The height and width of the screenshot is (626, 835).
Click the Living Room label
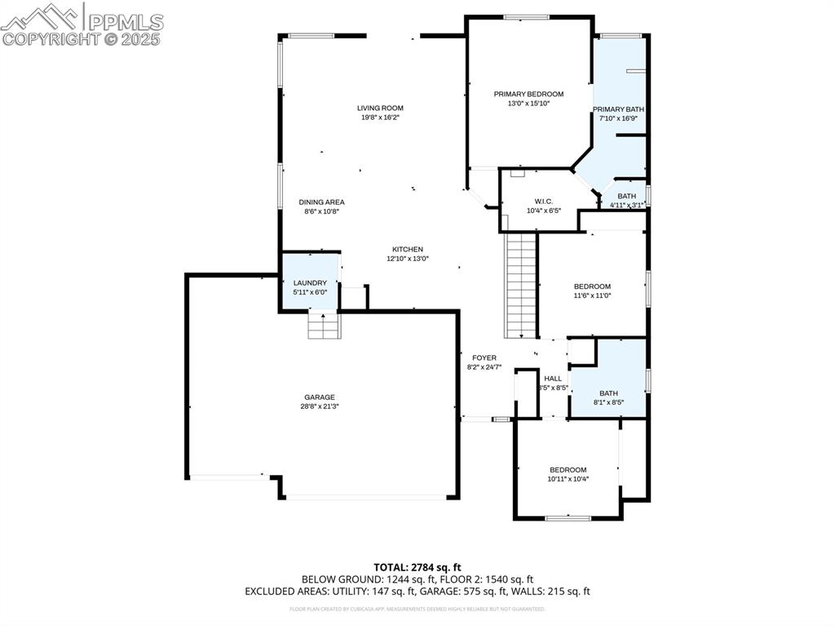tap(380, 108)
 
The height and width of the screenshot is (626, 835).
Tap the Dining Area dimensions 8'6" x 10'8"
tap(320, 211)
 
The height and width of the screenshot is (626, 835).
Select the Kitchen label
tap(407, 249)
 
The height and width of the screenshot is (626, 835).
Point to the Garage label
tap(320, 397)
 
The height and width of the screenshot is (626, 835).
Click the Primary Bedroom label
tap(528, 94)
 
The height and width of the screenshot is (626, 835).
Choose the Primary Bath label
tap(619, 109)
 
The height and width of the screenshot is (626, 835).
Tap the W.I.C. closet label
tap(544, 200)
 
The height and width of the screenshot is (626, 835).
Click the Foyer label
tap(484, 357)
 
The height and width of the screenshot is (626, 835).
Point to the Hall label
tap(553, 378)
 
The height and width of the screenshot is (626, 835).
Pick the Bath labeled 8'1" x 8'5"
tap(608, 397)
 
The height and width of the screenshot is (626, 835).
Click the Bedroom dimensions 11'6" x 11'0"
tap(592, 295)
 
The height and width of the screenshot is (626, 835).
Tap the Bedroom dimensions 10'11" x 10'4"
tap(568, 479)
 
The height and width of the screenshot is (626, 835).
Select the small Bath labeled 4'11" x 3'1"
tap(626, 200)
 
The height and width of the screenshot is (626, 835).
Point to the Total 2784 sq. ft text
tap(417, 566)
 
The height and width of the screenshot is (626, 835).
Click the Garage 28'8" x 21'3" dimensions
tap(320, 406)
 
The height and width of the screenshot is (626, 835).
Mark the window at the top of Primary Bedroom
tap(526, 16)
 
